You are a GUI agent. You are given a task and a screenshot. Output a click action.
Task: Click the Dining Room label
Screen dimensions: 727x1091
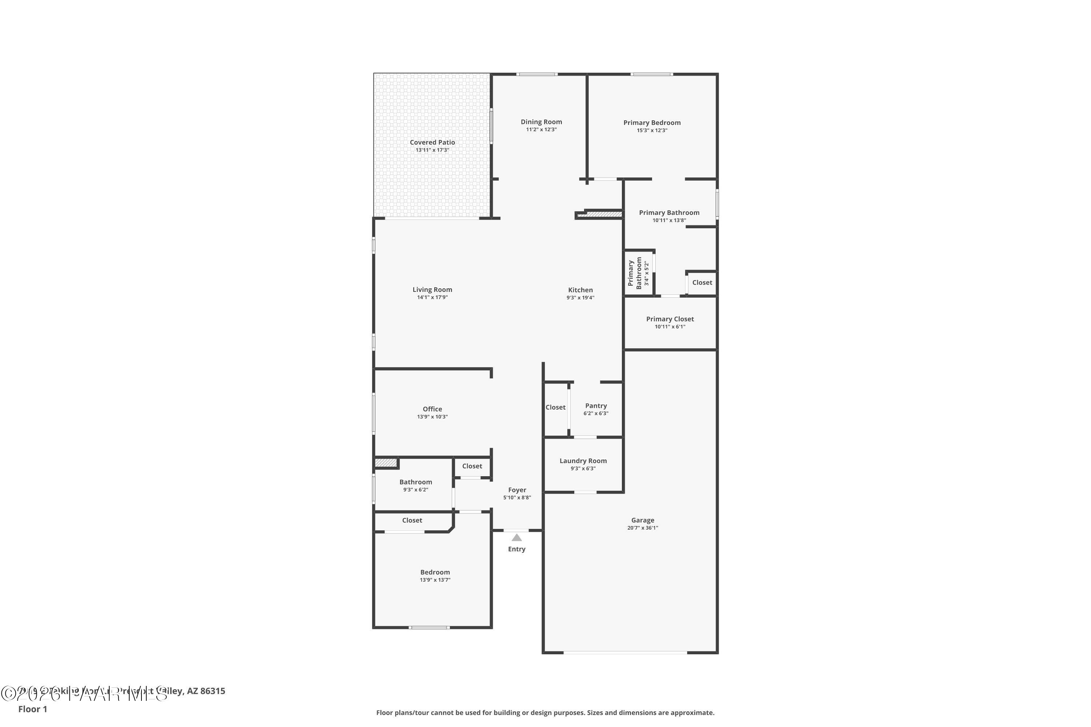coord(541,122)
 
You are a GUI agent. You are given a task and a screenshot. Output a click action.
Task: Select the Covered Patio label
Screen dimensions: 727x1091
coord(432,142)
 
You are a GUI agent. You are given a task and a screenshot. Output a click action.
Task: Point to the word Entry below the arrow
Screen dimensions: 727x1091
coord(516,549)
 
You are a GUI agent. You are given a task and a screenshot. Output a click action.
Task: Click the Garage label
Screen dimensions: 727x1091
coord(643,520)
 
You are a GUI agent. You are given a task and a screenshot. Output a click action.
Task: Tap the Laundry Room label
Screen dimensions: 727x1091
coord(583,461)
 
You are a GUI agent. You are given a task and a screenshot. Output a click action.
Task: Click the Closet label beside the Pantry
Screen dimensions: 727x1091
coord(555,407)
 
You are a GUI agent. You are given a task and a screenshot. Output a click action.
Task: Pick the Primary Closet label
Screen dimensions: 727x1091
coord(670,319)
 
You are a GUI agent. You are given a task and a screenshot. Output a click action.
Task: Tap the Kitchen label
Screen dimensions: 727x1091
coord(580,290)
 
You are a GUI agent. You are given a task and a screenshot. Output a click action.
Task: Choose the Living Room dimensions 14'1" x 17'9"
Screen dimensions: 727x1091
coord(432,298)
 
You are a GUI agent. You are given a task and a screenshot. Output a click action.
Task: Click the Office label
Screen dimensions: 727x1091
coord(432,409)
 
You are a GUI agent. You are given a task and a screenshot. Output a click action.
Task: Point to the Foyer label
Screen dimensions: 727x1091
coord(517,490)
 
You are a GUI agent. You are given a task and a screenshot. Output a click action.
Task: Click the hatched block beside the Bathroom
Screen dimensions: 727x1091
coord(385,463)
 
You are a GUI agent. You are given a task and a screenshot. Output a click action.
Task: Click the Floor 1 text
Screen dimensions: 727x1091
coord(32,709)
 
